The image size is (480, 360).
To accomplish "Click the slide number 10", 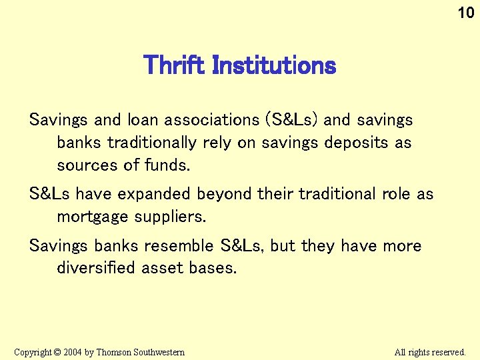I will [x=465, y=13].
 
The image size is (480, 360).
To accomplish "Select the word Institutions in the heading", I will [x=273, y=65].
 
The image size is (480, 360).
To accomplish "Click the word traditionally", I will [x=153, y=143].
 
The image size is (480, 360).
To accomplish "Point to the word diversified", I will [x=97, y=268].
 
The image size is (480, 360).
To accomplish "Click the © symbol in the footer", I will [x=57, y=352].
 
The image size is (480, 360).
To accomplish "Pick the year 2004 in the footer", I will [x=72, y=352].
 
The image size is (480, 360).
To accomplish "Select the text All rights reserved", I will [x=430, y=352].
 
